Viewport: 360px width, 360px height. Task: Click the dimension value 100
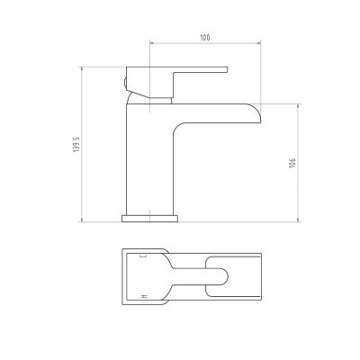(x=205, y=38)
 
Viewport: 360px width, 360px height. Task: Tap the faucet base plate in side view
(x=149, y=217)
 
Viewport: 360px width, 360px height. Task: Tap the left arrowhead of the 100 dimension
(x=152, y=44)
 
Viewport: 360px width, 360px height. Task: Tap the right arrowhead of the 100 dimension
(x=259, y=44)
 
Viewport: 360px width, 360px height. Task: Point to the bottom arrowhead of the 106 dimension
(x=300, y=219)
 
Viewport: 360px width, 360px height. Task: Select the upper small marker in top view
(x=142, y=256)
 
